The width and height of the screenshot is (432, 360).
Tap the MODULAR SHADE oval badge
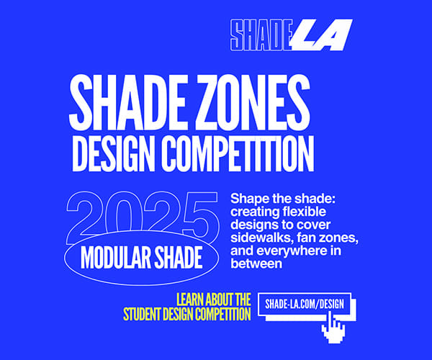pos(140,256)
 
